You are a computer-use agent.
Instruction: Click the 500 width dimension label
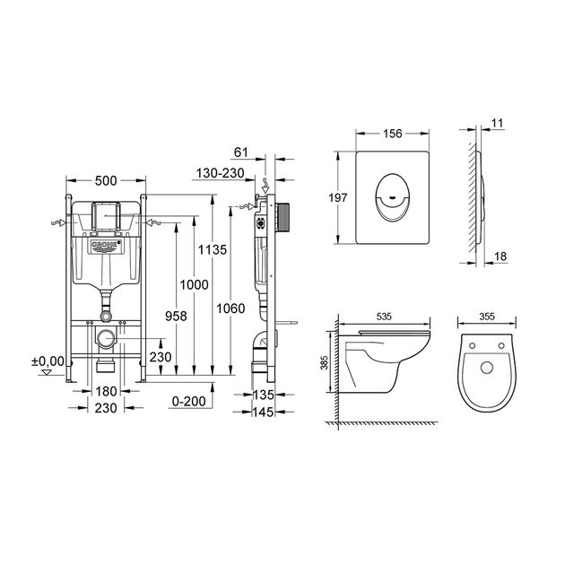coord(106,180)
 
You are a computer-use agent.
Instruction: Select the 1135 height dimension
coord(213,249)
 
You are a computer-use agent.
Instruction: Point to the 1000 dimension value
coord(195,284)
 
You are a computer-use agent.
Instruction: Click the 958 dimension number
coord(176,316)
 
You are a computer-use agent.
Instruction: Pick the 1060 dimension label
coord(230,309)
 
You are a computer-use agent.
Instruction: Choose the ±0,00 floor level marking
coord(48,361)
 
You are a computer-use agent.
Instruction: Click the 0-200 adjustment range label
coord(189,401)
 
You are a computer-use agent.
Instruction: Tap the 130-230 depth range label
coord(220,173)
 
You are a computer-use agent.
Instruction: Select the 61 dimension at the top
coord(241,152)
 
